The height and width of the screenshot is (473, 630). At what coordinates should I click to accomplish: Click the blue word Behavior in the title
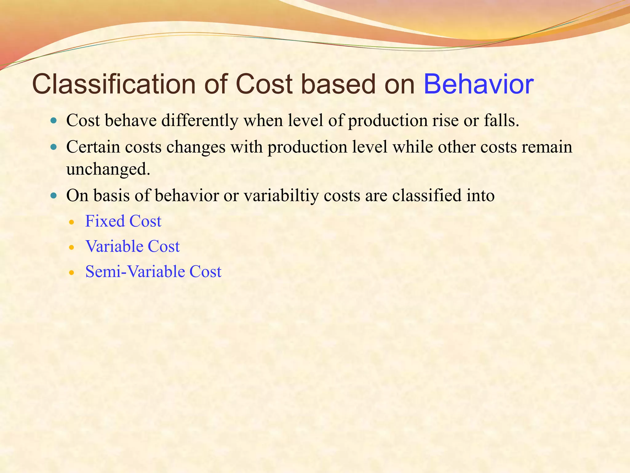(x=478, y=84)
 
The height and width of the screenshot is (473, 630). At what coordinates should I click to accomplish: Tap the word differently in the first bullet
(x=200, y=120)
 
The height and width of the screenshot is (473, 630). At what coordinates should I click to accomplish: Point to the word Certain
(x=93, y=147)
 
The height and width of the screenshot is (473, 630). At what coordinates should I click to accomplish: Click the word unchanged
(x=108, y=169)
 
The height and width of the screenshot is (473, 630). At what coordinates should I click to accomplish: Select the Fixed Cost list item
(x=123, y=221)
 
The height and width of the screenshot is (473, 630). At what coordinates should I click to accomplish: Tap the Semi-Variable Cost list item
(x=153, y=272)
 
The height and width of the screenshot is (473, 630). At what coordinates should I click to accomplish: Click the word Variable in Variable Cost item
(x=114, y=246)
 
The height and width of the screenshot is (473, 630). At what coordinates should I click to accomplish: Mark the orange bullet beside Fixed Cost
(x=72, y=222)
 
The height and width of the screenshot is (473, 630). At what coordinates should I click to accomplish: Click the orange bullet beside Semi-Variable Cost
(x=72, y=273)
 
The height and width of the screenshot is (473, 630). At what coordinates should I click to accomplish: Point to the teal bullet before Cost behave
(x=54, y=120)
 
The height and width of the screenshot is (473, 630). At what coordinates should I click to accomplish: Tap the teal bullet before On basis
(x=54, y=196)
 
